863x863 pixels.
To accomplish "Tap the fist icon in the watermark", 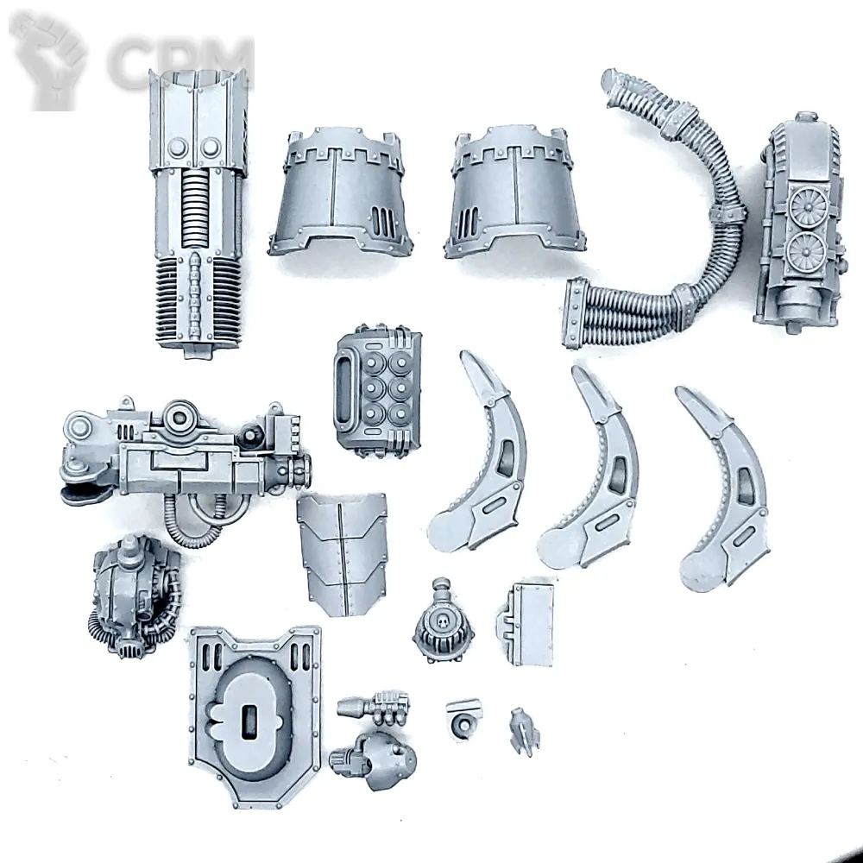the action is point(48,61).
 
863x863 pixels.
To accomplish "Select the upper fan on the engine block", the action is point(808,205).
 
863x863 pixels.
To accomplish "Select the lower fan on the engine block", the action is point(806,251).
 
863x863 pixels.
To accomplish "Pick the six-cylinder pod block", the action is point(378,391).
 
